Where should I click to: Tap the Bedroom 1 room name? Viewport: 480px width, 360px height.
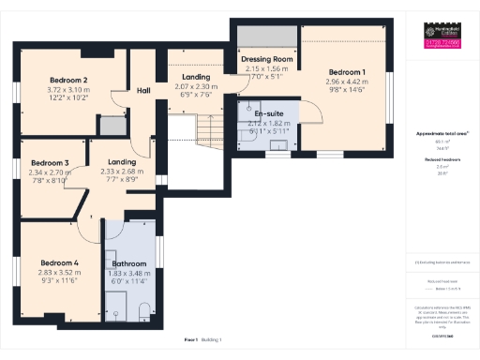pos(346,72)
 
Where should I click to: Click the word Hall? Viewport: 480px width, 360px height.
pos(143,90)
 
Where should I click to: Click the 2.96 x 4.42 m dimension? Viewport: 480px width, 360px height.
pos(346,82)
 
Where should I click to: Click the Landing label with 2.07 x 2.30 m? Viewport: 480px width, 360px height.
pos(196,78)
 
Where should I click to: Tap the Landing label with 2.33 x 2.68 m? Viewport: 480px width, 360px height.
pos(122,162)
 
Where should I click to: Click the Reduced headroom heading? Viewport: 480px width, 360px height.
pos(441,159)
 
